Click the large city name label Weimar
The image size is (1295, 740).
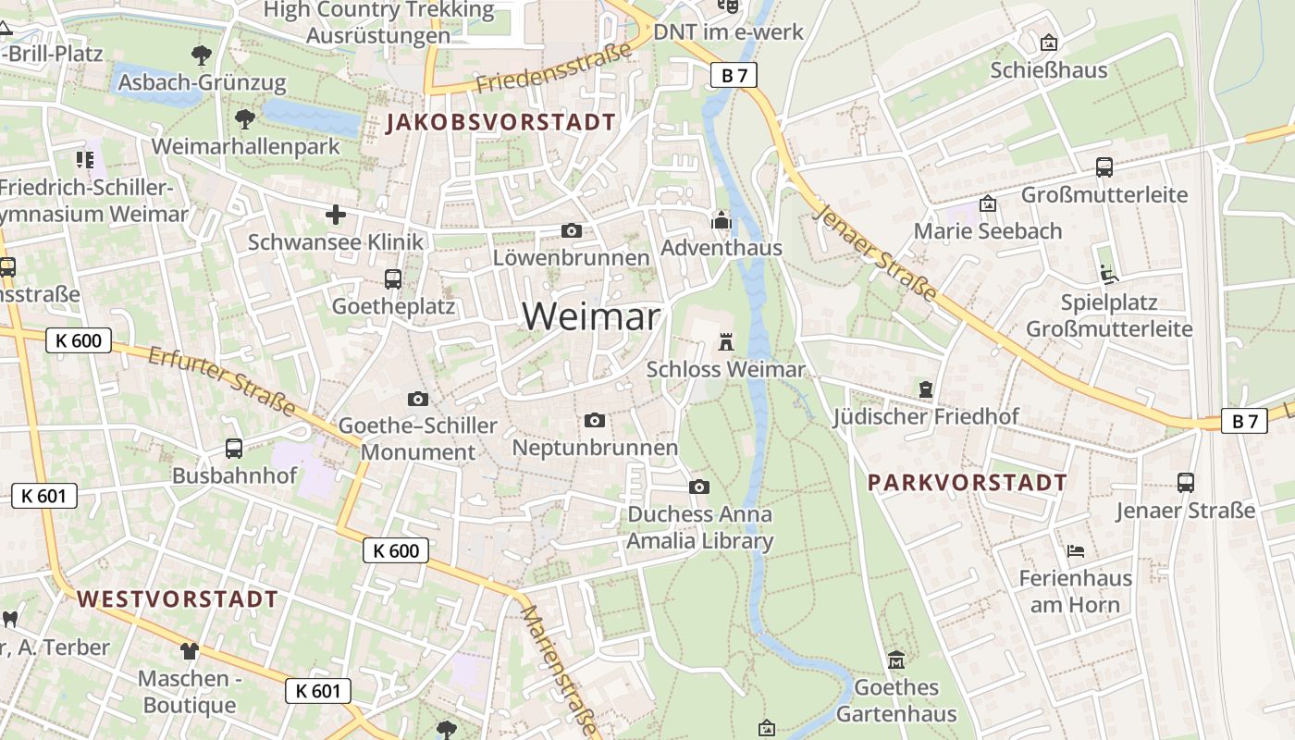click(x=591, y=316)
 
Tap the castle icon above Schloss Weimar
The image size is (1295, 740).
click(x=725, y=342)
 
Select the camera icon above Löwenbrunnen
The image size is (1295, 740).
click(x=572, y=230)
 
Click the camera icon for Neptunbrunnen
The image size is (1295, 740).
click(x=595, y=421)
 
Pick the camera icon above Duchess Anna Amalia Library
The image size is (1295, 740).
click(x=699, y=487)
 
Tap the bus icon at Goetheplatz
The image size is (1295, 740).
click(x=393, y=278)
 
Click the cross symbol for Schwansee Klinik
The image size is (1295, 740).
click(x=335, y=216)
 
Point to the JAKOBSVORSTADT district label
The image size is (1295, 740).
click(x=500, y=122)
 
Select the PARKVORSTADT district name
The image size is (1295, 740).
click(x=968, y=483)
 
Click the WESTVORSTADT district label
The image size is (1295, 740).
click(x=178, y=599)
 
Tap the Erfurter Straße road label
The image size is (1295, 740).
click(x=222, y=381)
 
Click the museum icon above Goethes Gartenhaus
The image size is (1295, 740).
click(x=895, y=660)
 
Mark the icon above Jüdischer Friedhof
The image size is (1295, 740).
click(x=926, y=389)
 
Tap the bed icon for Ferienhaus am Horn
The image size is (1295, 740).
click(x=1075, y=551)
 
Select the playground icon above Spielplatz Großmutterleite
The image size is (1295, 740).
click(x=1108, y=275)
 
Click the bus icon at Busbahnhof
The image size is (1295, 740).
click(x=234, y=449)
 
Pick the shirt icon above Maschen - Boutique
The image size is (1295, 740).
click(x=190, y=650)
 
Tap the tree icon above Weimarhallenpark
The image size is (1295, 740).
click(x=245, y=118)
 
